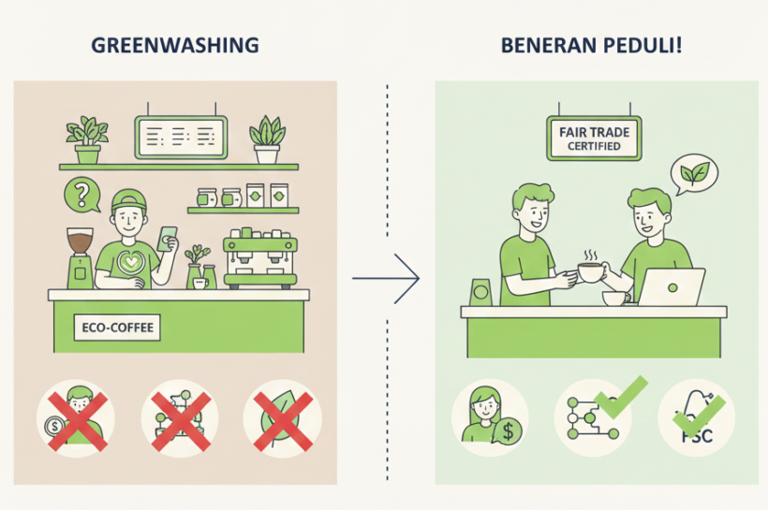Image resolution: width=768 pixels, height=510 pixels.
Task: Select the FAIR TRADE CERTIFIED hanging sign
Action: [594, 139]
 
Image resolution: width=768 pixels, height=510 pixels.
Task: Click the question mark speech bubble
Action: [82, 196]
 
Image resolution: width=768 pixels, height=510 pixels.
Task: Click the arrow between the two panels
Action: [385, 278]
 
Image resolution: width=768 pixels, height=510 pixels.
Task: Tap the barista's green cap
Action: [130, 200]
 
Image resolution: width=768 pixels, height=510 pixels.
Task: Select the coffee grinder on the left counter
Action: [80, 257]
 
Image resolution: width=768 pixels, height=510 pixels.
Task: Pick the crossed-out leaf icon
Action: [282, 417]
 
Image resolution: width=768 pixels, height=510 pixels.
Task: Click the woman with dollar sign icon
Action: [490, 417]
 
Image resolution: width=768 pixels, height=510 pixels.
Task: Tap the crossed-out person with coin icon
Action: [75, 417]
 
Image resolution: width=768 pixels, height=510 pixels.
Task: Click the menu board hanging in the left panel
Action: [181, 138]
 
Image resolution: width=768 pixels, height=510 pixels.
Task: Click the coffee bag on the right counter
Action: [481, 292]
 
